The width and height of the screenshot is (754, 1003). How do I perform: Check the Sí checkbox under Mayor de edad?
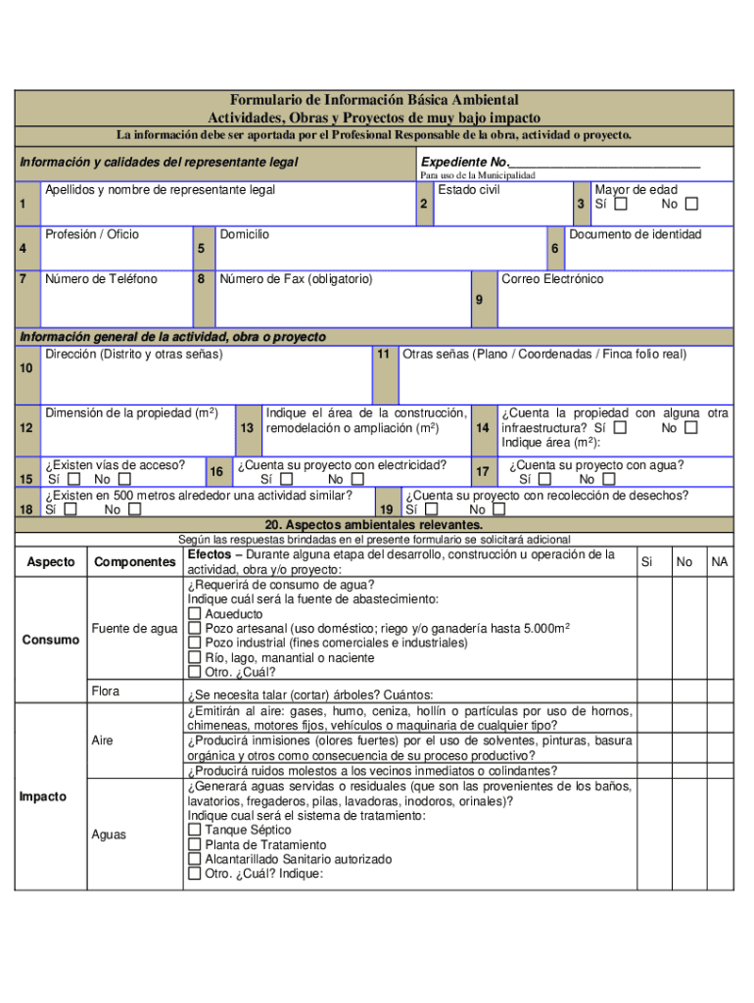621,205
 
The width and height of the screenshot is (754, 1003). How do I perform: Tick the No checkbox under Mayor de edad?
691,205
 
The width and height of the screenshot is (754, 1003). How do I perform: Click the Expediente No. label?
465,163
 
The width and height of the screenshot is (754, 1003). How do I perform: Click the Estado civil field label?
469,190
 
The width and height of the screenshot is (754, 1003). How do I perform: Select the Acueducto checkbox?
195,614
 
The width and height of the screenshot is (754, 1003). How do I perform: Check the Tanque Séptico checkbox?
195,830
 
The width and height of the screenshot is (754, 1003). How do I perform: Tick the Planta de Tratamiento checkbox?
195,844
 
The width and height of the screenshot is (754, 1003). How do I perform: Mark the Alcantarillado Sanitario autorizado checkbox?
195,859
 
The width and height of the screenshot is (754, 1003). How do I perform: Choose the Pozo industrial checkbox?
195,643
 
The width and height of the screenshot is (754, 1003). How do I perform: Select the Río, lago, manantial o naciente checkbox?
195,657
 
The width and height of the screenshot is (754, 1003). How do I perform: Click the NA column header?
720,562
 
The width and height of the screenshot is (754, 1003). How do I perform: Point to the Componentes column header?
134,562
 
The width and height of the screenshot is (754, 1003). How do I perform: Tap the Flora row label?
106,692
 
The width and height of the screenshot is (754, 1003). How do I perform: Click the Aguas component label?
109,835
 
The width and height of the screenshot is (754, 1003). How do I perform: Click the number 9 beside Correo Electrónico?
479,300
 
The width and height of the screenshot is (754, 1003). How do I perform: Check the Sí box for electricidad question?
286,480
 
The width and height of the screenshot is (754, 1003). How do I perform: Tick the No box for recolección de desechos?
498,509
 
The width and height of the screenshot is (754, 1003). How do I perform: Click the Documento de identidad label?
648,234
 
